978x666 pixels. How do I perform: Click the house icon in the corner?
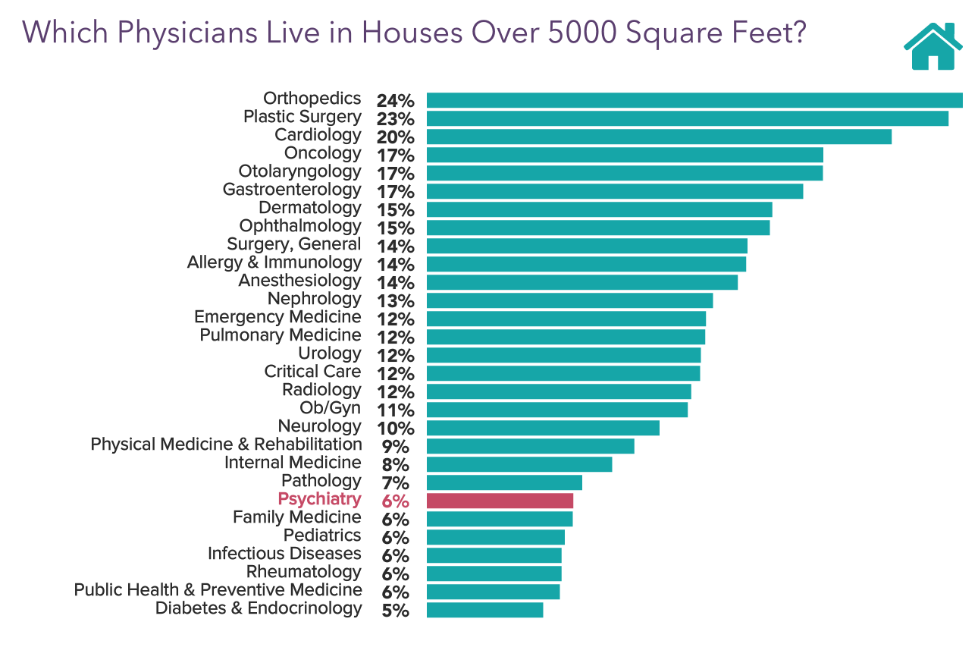(x=933, y=47)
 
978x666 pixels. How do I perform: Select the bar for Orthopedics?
(x=694, y=100)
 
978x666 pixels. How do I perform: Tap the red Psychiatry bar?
(x=500, y=501)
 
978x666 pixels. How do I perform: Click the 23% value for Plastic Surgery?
(x=395, y=119)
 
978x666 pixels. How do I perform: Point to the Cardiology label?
(x=318, y=135)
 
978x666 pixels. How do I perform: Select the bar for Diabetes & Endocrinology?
(x=484, y=610)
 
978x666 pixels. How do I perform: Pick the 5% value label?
(x=395, y=611)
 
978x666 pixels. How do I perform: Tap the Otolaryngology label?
(x=299, y=171)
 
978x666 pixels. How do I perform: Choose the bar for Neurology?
(x=543, y=428)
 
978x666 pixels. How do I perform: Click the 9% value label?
(x=395, y=447)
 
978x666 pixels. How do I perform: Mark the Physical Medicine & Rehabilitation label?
(x=226, y=445)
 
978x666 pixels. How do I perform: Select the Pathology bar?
(x=504, y=482)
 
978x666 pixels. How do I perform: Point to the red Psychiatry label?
(x=319, y=499)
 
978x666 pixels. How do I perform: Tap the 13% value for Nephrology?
(x=395, y=301)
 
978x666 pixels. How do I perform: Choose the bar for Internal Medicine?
(x=519, y=464)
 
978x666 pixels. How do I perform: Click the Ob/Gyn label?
(x=331, y=408)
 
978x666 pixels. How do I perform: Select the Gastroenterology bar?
(x=614, y=191)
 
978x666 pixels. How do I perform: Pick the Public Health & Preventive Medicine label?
(x=218, y=590)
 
